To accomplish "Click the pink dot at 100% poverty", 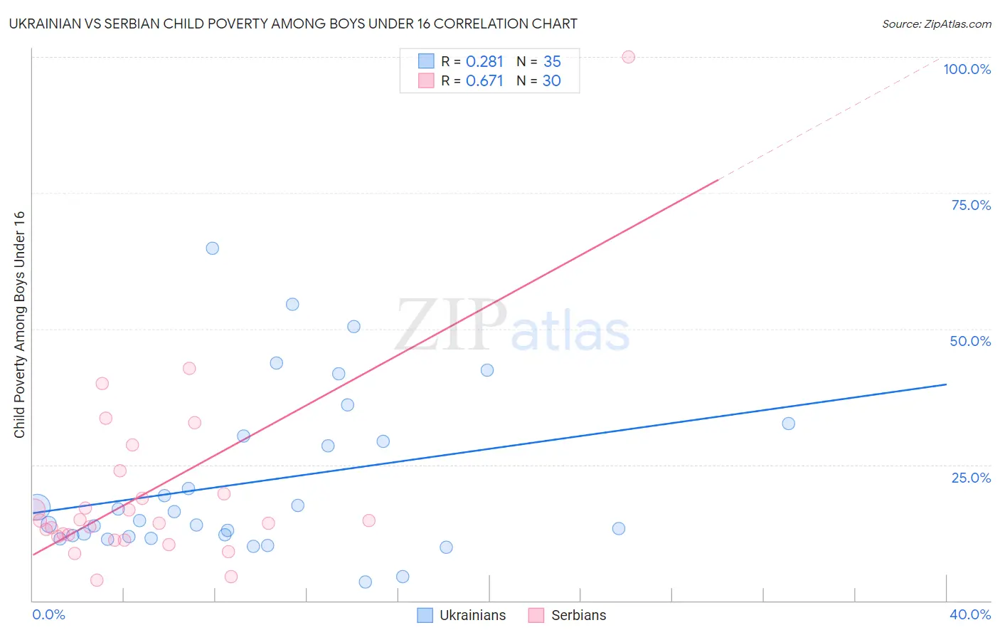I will [628, 57].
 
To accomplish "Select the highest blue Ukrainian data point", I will [212, 248].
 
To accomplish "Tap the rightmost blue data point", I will [788, 424].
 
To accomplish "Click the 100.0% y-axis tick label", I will [967, 69].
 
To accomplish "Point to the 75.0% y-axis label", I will [971, 205].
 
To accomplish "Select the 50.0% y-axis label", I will [970, 341].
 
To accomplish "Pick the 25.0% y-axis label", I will [971, 478].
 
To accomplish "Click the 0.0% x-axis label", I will [48, 614].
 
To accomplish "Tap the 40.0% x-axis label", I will [969, 614].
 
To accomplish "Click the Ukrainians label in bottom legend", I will [472, 615].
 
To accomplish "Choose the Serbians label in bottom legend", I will [578, 615].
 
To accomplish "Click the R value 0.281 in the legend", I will [484, 62].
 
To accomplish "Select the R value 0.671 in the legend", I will [484, 81].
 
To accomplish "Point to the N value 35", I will [552, 62].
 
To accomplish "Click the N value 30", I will [552, 81].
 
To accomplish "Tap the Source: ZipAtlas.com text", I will [936, 24].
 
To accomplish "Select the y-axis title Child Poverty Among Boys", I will [19, 325].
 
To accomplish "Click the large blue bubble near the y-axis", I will [37, 507].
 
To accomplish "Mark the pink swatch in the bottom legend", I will [536, 615].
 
